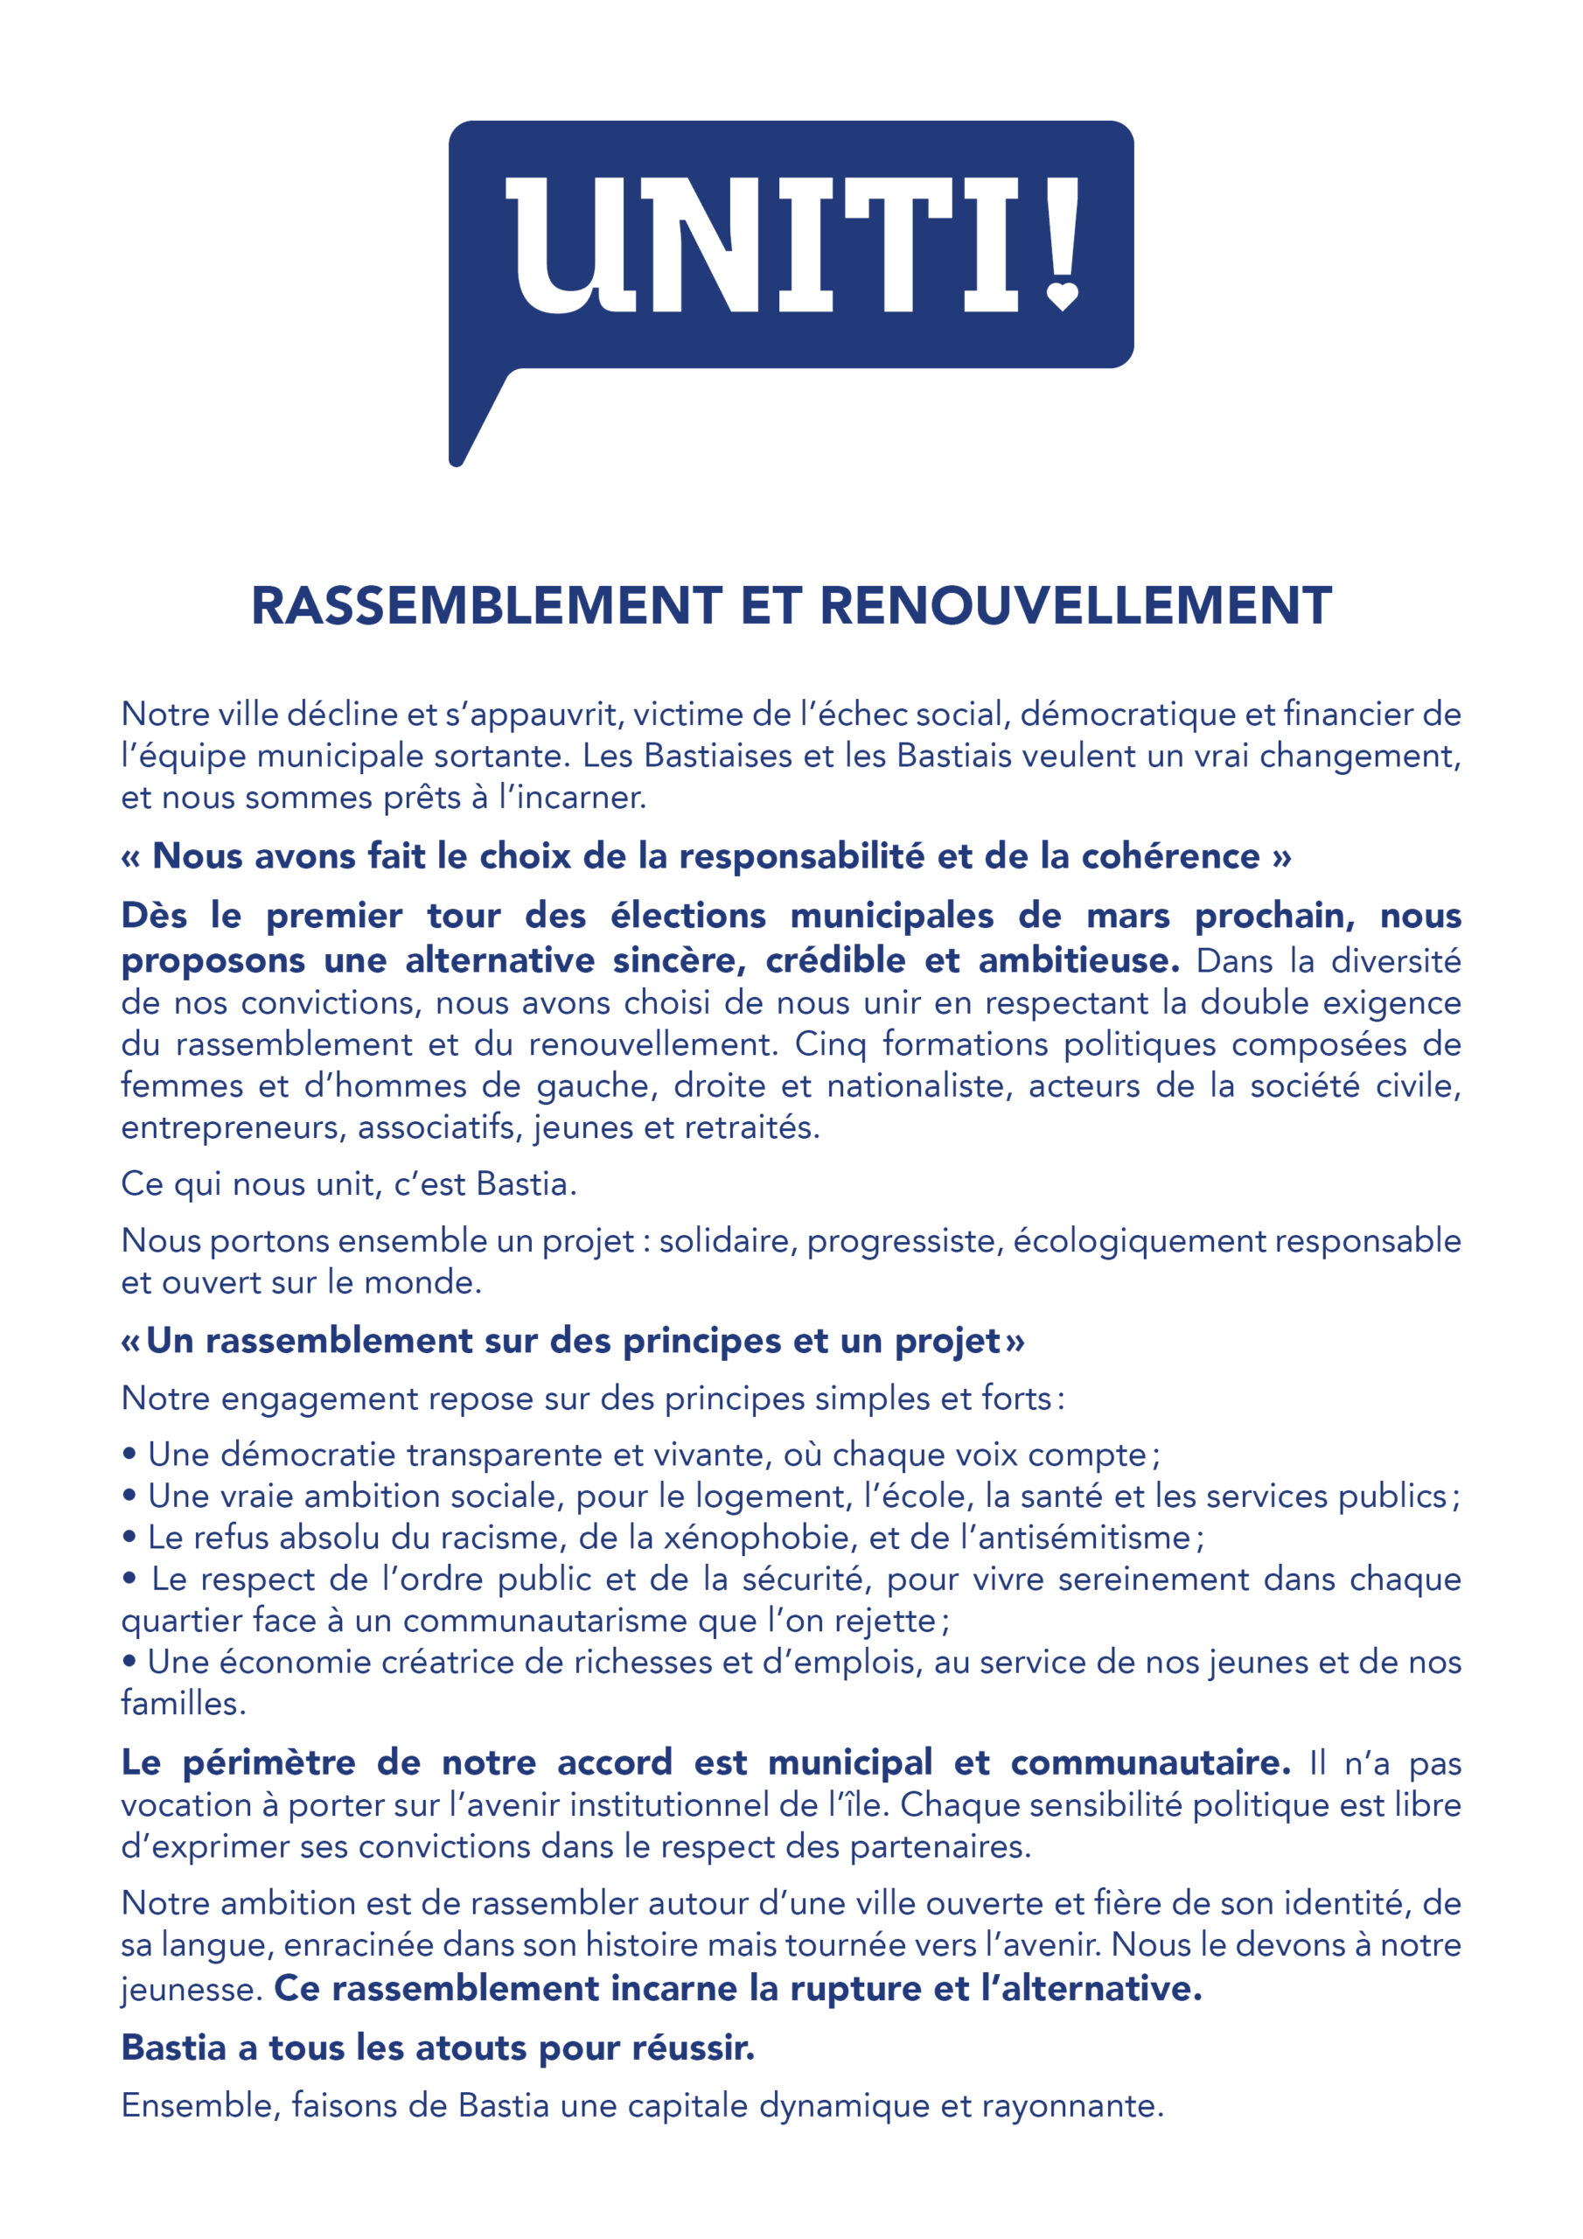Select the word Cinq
click(x=830, y=1044)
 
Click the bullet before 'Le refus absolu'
click(x=129, y=1538)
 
